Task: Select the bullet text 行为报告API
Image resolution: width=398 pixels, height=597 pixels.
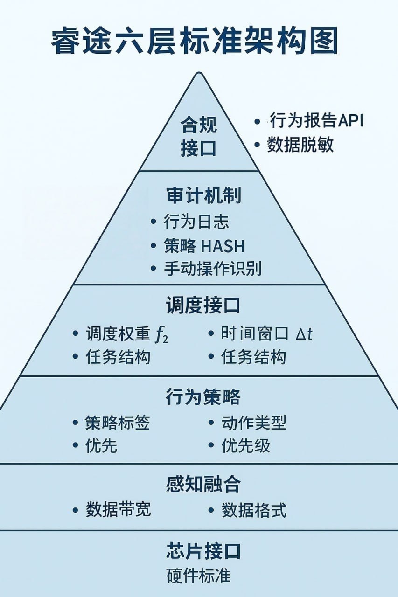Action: [x=316, y=120]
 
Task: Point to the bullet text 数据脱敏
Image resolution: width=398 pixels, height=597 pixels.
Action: [x=300, y=145]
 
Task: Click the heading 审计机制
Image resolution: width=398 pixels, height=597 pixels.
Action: [x=204, y=196]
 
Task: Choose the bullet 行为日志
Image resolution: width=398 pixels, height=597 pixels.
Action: [x=196, y=222]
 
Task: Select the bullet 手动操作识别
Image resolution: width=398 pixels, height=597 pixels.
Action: [x=212, y=269]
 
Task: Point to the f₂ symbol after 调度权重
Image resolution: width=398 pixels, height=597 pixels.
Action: [x=161, y=334]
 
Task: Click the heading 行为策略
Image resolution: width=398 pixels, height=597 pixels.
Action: [x=203, y=397]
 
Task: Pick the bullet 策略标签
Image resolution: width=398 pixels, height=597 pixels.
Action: [x=118, y=423]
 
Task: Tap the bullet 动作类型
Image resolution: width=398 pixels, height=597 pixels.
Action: [x=254, y=423]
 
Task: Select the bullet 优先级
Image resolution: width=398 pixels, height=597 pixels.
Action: [x=246, y=446]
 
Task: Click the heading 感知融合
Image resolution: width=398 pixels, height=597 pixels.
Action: [x=203, y=485]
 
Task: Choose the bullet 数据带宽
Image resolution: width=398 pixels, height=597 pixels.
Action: [x=119, y=509]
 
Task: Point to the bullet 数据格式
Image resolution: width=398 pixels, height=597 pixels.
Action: [x=254, y=510]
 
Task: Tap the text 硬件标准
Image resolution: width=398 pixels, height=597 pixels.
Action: [x=198, y=576]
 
